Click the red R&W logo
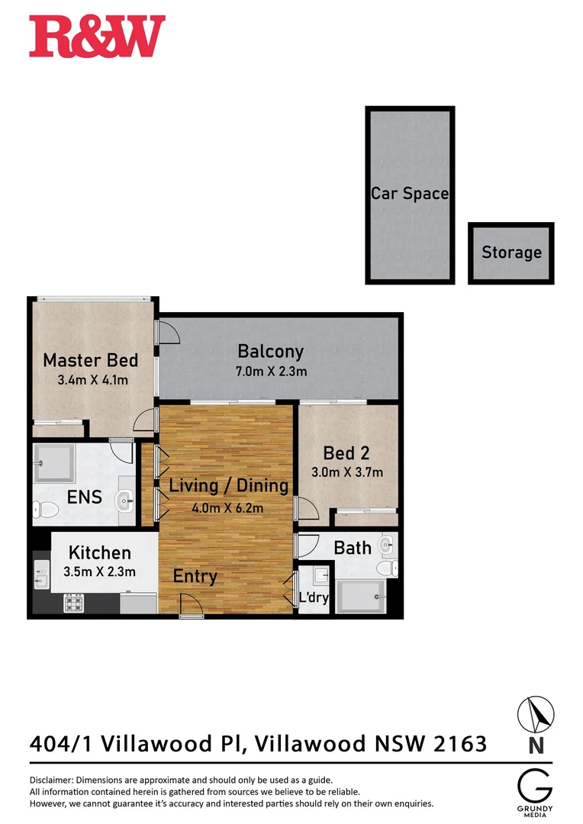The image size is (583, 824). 97,37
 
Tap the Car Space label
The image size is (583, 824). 410,194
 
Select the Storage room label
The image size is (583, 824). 511,252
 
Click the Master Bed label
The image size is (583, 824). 90,360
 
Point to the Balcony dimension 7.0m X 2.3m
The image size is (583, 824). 271,372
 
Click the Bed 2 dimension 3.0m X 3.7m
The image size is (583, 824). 347,472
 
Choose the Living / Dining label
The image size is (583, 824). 229,485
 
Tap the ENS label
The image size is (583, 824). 85,497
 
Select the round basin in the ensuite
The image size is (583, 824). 125,502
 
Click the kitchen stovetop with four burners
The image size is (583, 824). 73,603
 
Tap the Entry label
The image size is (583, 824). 195,577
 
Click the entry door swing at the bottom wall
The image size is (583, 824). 190,606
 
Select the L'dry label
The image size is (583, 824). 314,597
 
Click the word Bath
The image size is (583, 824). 353,547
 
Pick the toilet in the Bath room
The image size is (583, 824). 391,568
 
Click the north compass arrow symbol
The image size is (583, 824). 536,715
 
